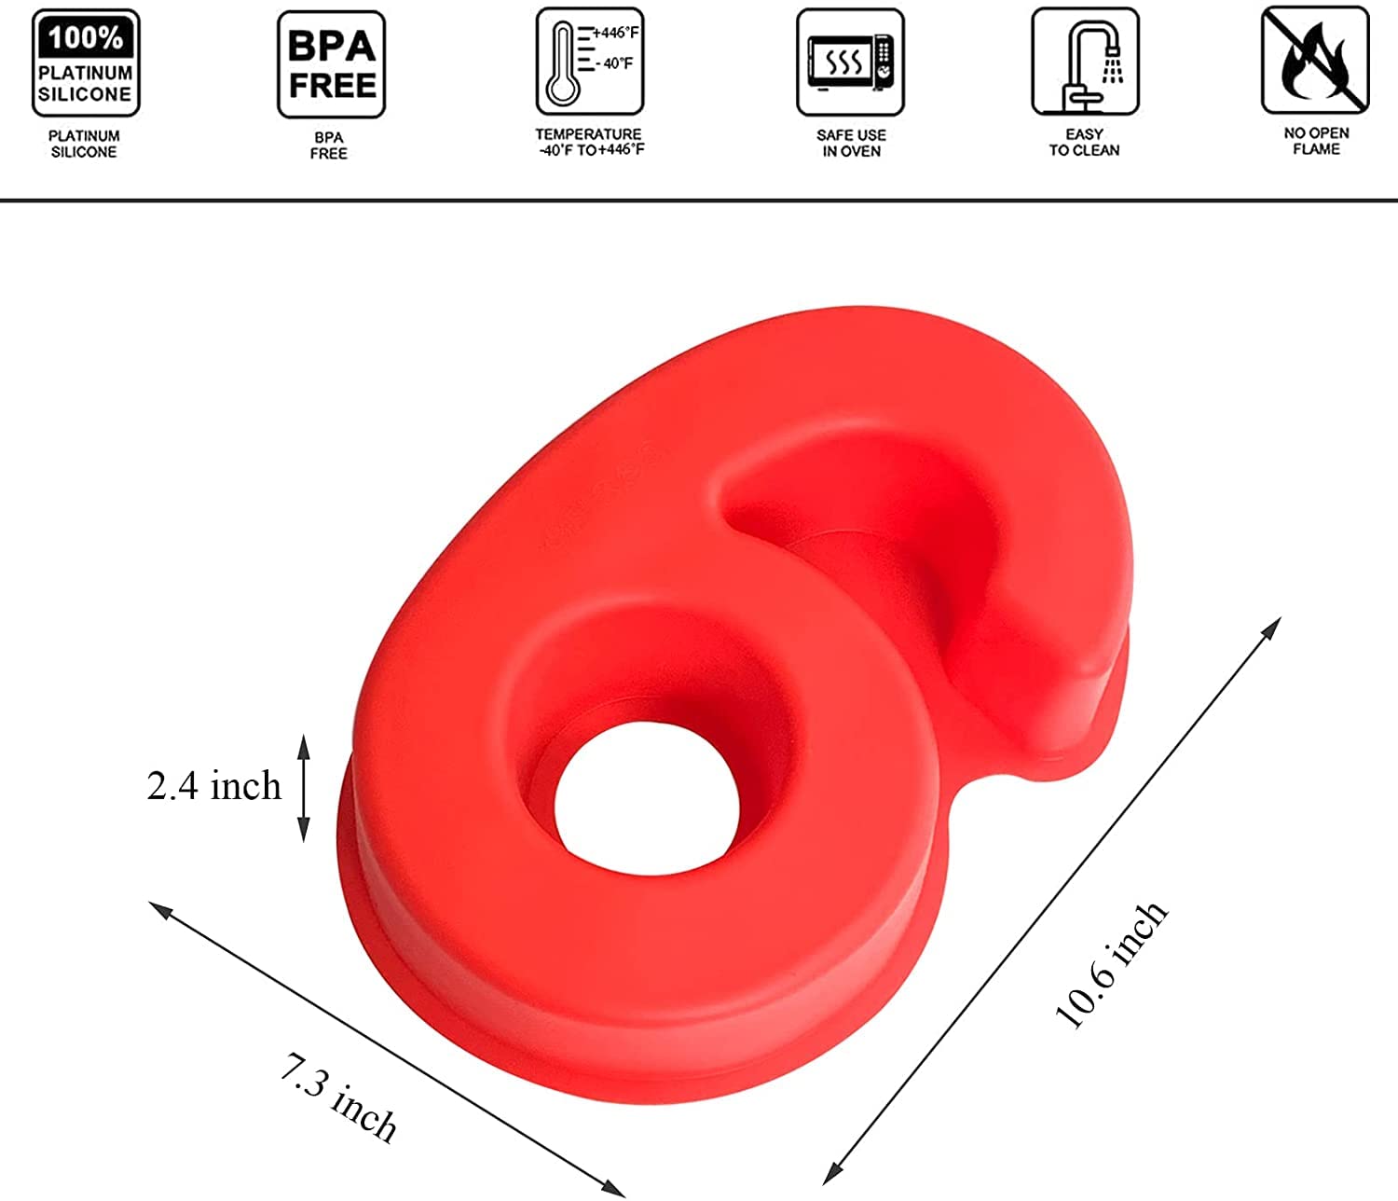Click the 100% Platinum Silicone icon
(86, 62)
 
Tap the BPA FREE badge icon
(332, 64)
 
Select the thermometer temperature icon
(590, 62)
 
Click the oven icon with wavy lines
(850, 62)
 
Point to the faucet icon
(1085, 62)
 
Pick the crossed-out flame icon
(1315, 61)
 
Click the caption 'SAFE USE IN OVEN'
(851, 144)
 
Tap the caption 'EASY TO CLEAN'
(1084, 142)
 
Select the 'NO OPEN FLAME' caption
(1316, 141)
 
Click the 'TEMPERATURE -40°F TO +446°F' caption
(590, 142)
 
